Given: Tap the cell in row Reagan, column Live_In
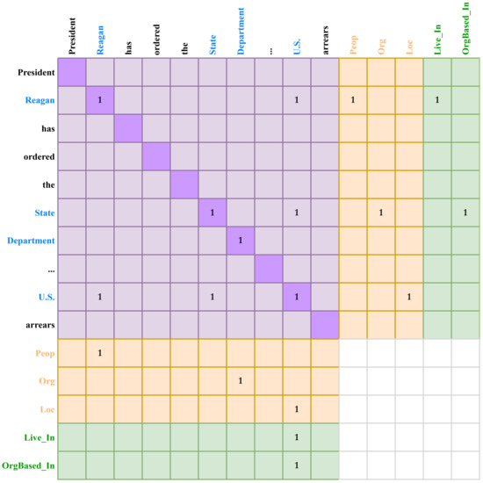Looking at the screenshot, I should [x=437, y=101].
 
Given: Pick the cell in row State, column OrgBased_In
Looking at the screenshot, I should [x=465, y=213].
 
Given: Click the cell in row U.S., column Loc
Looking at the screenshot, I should [x=409, y=297].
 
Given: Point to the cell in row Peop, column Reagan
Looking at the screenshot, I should [x=100, y=353].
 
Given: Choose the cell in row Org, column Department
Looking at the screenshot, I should [x=241, y=381].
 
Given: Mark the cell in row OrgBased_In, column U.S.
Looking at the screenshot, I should [x=297, y=465].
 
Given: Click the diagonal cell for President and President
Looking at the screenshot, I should [x=72, y=73].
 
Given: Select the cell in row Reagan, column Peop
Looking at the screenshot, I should [x=353, y=101].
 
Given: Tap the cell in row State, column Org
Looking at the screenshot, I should [x=381, y=213].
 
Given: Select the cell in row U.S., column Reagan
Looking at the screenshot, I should [x=100, y=297].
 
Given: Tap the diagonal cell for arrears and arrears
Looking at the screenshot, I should [x=325, y=325].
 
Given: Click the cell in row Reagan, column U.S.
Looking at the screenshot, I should [x=297, y=101].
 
